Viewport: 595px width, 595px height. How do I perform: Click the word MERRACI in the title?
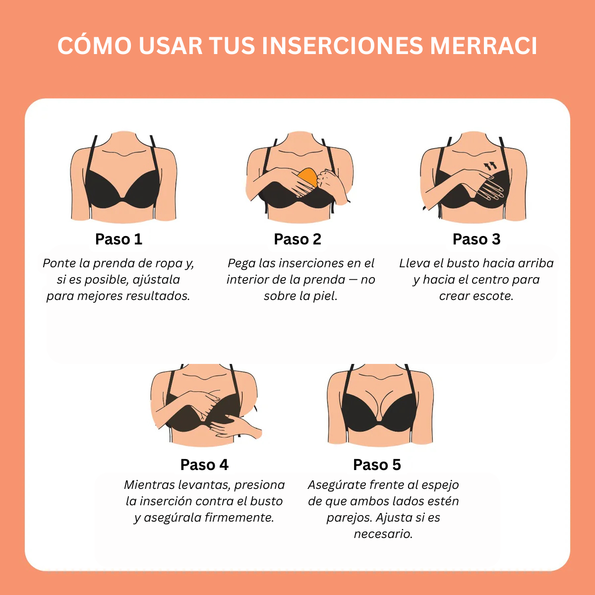click(x=483, y=46)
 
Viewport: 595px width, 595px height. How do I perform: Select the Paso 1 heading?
click(x=119, y=239)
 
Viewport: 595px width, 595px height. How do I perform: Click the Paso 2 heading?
click(x=297, y=239)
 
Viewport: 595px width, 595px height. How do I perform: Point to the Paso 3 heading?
click(x=476, y=239)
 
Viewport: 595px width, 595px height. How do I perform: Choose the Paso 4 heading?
click(x=204, y=465)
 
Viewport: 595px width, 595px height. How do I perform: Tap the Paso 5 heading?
click(x=377, y=465)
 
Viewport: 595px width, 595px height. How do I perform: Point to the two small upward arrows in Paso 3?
click(x=490, y=166)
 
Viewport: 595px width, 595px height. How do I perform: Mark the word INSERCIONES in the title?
click(x=342, y=46)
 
